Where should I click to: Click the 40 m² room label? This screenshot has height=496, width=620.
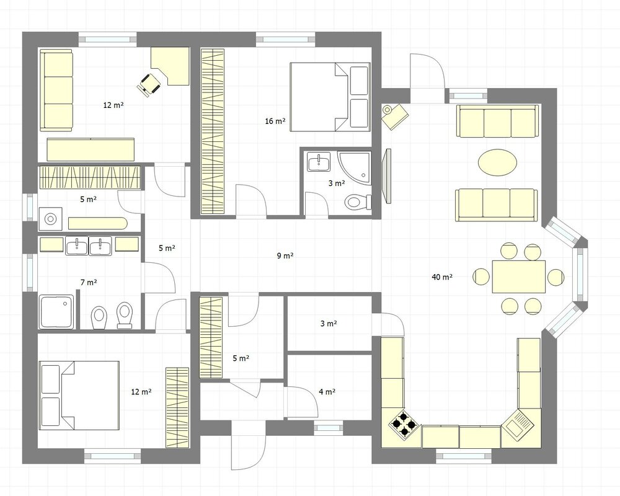coord(442,277)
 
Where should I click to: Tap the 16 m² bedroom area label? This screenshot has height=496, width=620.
coord(275,121)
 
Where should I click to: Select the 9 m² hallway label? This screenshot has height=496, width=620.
coord(285,255)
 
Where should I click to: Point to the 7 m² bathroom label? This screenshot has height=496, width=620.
coord(89,283)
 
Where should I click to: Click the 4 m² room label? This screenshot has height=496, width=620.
coord(327,392)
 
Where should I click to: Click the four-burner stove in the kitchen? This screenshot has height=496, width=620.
coord(404,425)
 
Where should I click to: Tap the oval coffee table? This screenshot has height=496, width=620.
coord(497,162)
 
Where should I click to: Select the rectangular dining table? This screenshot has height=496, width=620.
coord(519,277)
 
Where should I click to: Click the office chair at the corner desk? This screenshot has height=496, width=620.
coord(149,84)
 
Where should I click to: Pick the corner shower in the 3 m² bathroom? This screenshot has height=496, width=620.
coord(354,167)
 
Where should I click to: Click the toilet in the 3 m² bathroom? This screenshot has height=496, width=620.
coord(358,202)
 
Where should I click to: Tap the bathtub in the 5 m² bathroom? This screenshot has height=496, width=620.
coord(97,223)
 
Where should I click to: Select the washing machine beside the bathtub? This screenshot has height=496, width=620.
coord(50,219)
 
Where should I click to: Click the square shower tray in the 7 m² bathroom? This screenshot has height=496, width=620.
coord(56,312)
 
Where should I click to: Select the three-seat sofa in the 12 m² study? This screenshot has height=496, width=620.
coord(56,90)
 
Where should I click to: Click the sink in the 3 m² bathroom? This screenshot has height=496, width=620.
coord(319,162)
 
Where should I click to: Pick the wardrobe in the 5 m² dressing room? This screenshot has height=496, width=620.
coord(211,338)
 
